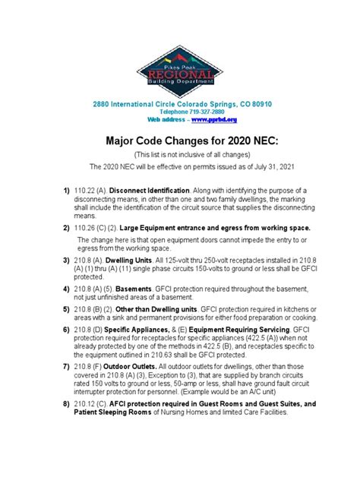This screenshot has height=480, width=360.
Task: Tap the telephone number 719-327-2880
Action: point(195,111)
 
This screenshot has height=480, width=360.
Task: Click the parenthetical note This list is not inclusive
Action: point(180,154)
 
